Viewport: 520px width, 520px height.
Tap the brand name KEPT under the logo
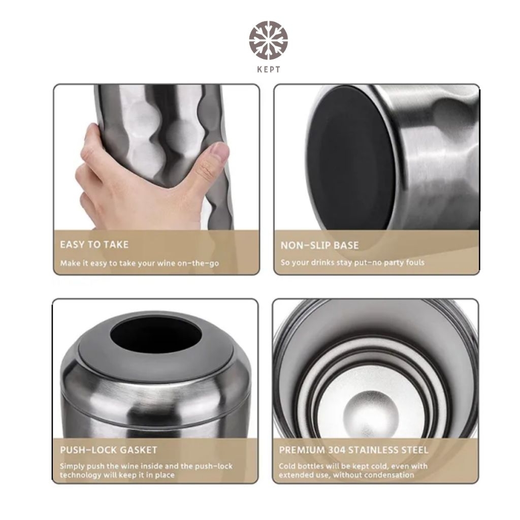click(269, 69)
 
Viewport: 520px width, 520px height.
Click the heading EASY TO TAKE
click(94, 245)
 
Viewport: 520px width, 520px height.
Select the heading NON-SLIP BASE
click(320, 245)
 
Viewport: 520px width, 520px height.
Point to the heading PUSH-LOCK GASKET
click(109, 450)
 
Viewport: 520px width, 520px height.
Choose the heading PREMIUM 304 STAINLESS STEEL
click(353, 450)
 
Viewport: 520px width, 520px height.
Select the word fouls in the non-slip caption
click(415, 263)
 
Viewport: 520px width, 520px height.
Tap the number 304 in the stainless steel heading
click(337, 450)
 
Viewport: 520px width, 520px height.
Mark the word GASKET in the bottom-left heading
click(138, 450)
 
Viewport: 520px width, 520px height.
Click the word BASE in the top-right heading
click(346, 245)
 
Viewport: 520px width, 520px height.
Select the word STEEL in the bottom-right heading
click(414, 450)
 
